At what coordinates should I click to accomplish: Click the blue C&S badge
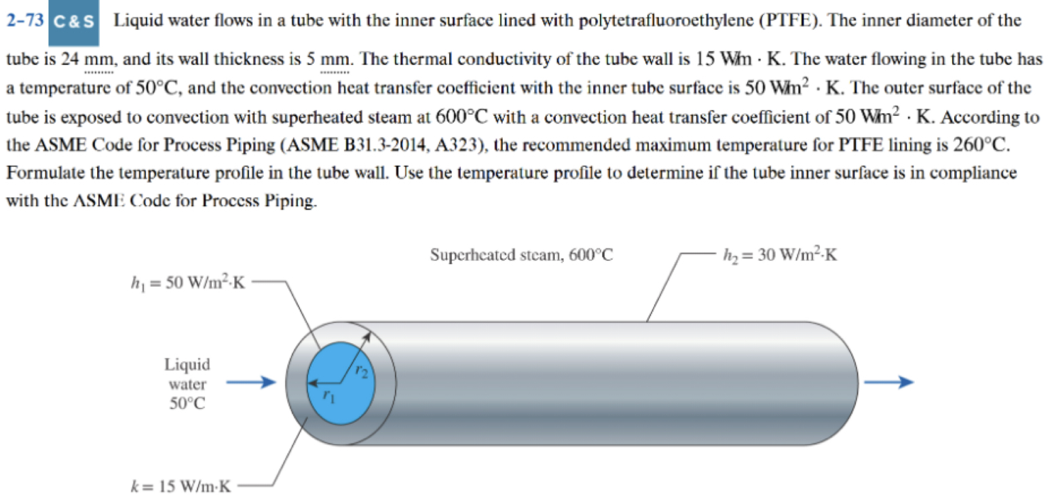coord(75,21)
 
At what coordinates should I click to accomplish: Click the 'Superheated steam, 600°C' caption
coord(521,256)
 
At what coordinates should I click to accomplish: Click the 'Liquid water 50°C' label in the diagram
coord(187,383)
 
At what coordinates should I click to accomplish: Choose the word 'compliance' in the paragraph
coord(976,174)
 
